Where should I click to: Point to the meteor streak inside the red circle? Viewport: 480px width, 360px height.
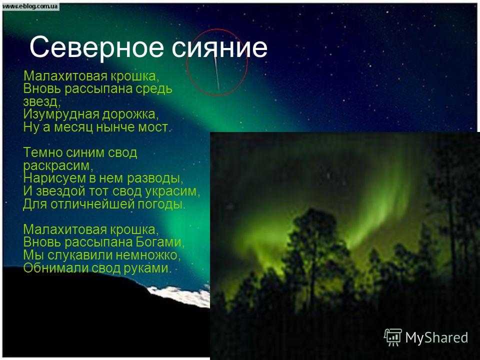pos(216,73)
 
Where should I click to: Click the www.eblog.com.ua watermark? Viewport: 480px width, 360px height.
pos(30,6)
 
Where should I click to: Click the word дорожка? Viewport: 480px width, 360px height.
pos(130,114)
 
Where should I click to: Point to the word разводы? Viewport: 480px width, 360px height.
pos(155,178)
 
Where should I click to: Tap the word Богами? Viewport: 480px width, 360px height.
pos(160,242)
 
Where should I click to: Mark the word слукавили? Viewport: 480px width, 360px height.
pos(80,255)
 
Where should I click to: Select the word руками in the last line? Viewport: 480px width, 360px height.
pos(147,268)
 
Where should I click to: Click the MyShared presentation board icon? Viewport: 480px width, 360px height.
pos(393,337)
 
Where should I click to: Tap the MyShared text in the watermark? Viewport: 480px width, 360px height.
pos(436,337)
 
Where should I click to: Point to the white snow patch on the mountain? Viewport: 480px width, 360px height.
pos(179,296)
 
